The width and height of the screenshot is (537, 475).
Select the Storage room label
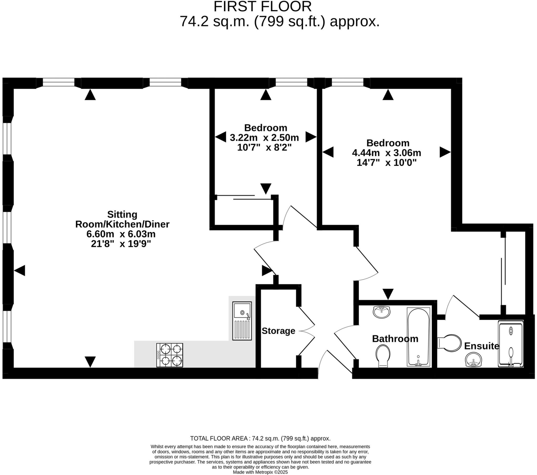(278, 331)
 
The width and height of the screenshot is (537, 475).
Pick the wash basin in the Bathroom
(382, 312)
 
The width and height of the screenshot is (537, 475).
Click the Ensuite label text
(481, 346)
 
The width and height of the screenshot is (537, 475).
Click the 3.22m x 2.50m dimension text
(264, 138)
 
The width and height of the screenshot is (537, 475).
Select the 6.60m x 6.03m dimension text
(121, 234)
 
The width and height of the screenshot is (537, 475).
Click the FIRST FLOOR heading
(262, 7)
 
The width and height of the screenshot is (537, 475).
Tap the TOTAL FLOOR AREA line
(260, 438)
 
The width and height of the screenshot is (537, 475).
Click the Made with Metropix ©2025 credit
(260, 472)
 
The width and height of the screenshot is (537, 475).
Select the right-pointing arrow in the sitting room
(266, 271)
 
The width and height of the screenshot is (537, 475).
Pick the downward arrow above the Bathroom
(388, 293)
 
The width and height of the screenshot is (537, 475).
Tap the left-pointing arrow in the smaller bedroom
(221, 137)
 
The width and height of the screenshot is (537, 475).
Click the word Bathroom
(395, 339)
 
